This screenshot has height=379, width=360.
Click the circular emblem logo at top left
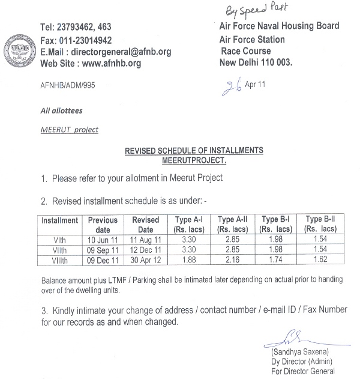[19, 46]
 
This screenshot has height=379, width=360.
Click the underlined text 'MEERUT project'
[70, 129]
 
